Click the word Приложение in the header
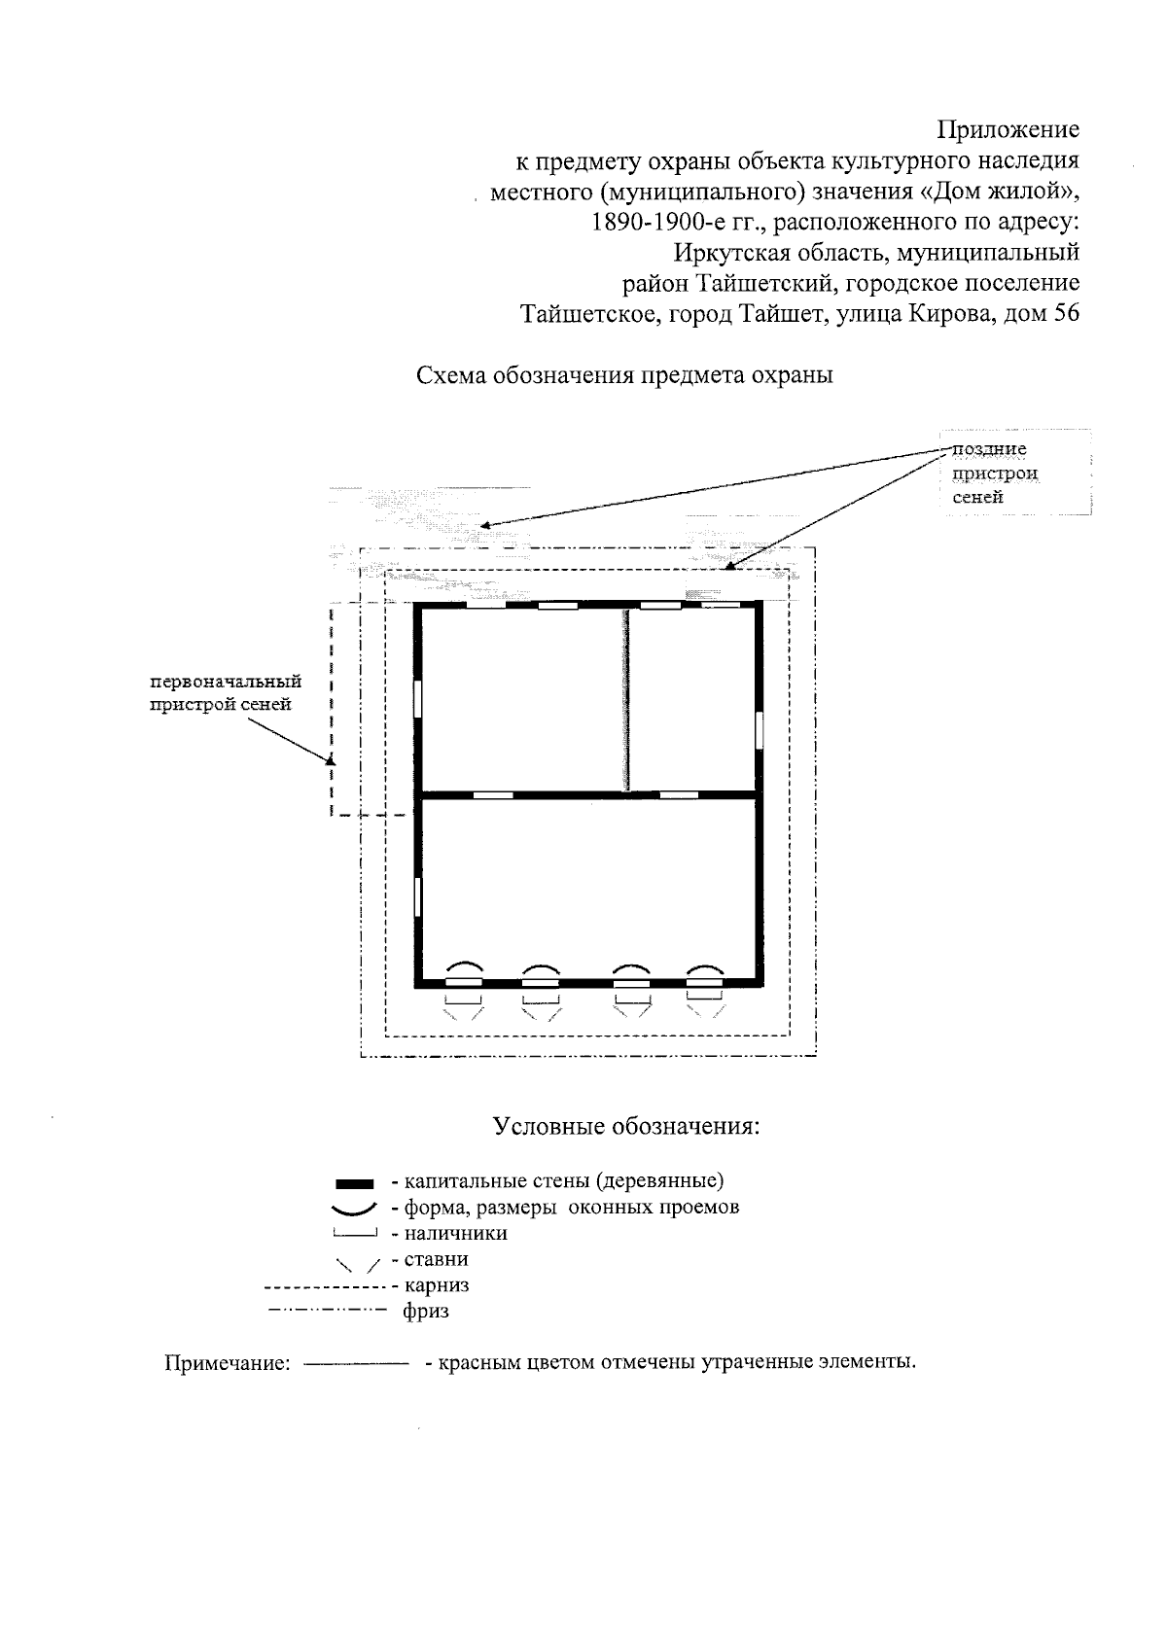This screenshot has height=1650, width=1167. [x=1008, y=129]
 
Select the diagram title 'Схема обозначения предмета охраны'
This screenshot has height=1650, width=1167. [x=624, y=376]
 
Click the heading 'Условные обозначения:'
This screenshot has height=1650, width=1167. [x=625, y=1127]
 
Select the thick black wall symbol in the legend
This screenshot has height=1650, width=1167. [x=354, y=1183]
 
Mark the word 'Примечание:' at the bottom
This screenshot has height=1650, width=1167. [x=228, y=1363]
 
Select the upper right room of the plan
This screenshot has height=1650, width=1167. [x=691, y=698]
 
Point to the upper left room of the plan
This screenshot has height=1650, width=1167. [x=521, y=698]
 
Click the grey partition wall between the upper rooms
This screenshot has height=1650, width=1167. [x=626, y=698]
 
